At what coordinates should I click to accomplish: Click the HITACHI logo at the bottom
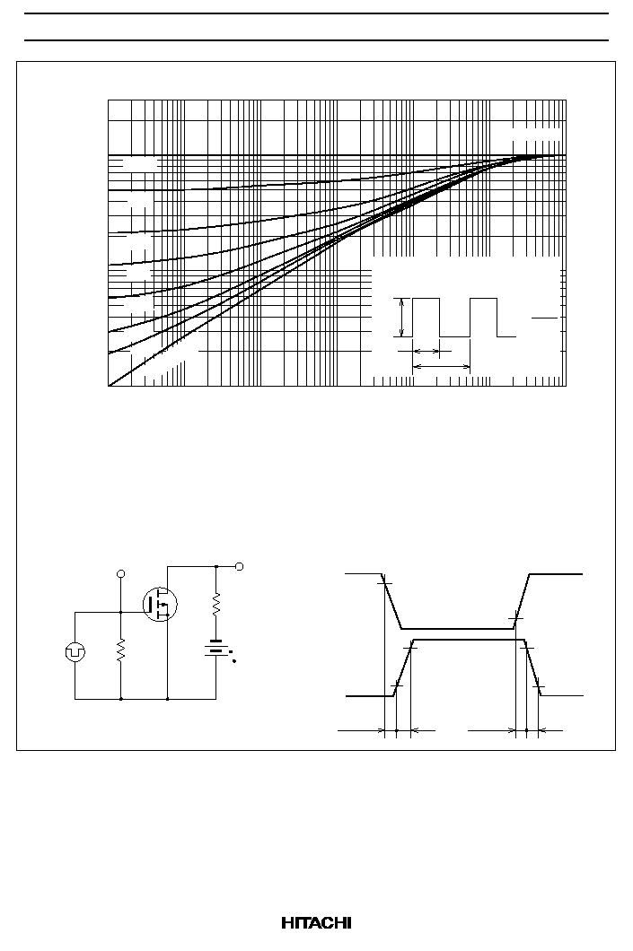[316, 923]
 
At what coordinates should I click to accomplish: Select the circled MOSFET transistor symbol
[160, 604]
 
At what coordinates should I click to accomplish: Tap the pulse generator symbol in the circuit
[75, 652]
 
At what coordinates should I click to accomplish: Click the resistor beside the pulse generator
[121, 650]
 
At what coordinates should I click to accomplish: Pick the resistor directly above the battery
[216, 605]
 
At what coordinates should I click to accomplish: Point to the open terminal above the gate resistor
[121, 573]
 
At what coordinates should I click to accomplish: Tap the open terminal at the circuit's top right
[239, 566]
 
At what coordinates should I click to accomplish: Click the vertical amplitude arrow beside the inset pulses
[401, 318]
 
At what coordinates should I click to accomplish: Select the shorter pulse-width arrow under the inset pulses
[426, 351]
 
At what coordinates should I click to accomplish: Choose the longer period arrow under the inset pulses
[442, 366]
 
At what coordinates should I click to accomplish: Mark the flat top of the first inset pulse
[426, 299]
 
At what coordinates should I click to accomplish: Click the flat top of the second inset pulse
[484, 299]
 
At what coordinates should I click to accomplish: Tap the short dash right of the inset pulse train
[544, 318]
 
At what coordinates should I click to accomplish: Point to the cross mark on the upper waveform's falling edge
[385, 583]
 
